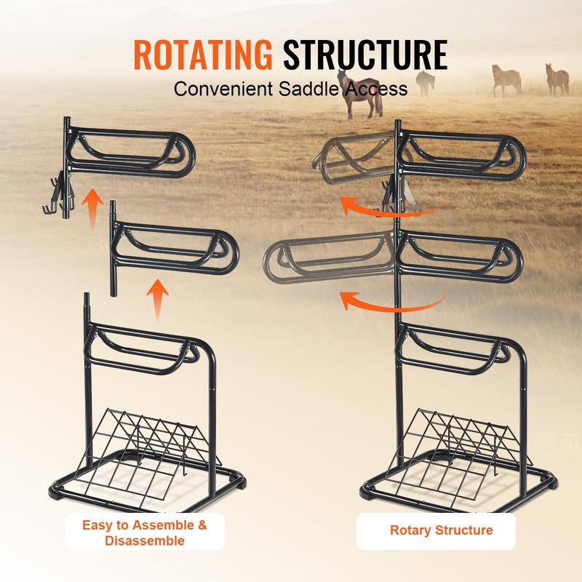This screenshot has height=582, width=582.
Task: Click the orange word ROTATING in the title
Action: pos(203,55)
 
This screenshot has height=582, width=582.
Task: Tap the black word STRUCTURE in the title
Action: pos(365,55)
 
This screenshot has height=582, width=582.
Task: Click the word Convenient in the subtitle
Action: pos(223,89)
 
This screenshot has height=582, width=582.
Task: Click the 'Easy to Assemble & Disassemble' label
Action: pos(145,533)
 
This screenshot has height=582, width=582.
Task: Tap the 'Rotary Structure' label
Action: pos(442,530)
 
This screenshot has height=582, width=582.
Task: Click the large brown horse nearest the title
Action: pos(359,95)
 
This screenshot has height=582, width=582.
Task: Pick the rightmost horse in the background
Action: pos(557,79)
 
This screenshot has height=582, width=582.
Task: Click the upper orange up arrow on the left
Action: pos(92,207)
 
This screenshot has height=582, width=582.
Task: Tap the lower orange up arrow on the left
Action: pos(157,299)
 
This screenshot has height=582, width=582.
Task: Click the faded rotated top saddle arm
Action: pos(354,158)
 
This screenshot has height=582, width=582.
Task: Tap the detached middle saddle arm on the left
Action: pos(175,249)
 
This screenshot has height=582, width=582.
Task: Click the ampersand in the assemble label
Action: pos(202,525)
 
